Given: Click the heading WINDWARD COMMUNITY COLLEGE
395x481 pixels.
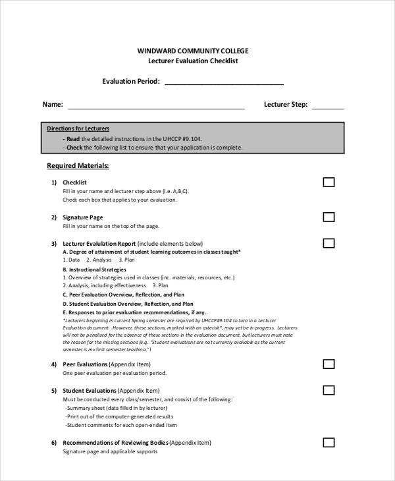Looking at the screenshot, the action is [193, 50].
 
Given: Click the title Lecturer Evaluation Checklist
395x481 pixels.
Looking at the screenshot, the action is [193, 61].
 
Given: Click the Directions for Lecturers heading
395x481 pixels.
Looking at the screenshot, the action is [78, 128].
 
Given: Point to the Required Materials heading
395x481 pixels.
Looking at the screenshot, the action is [78, 165].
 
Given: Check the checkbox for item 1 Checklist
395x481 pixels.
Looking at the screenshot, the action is [329, 183].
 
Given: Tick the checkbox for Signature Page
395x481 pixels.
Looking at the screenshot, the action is [329, 217].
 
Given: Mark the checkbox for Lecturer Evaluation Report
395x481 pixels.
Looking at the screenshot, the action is [329, 243].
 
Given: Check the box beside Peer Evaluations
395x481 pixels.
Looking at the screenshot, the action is [329, 364].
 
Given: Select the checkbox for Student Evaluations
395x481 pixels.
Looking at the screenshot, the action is [329, 390].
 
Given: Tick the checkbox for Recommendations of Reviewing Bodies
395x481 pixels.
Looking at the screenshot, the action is [329, 442].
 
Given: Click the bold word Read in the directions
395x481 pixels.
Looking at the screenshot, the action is [72, 139].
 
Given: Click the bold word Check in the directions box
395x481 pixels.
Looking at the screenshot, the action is [74, 148].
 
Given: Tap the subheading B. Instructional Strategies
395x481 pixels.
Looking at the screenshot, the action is [94, 269].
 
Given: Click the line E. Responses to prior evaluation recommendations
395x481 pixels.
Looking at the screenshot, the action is [134, 312].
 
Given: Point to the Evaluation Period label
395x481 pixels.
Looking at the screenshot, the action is [131, 82].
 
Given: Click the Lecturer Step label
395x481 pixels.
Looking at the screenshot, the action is [286, 104].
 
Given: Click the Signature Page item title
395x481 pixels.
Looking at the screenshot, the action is [82, 217].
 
